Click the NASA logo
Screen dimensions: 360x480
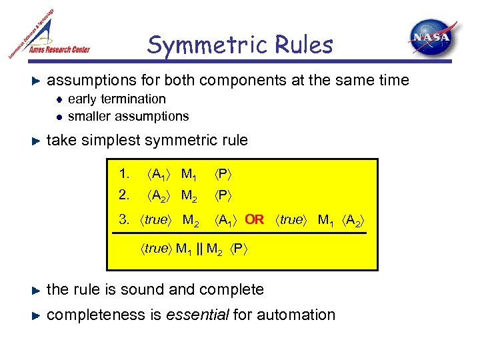(x=433, y=39)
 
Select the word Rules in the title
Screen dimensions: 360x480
(x=304, y=45)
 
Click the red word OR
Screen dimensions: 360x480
(x=254, y=219)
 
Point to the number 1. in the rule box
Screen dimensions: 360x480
(x=124, y=175)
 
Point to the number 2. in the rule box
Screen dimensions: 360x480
(x=124, y=195)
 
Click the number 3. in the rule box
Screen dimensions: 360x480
(x=124, y=219)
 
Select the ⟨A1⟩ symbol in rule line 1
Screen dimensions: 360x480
(x=159, y=175)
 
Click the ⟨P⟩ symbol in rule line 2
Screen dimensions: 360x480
(x=223, y=195)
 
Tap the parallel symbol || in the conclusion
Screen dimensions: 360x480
(x=199, y=249)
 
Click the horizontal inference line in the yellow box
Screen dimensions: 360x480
(x=244, y=233)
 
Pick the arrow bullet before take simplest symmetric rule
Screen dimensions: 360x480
(x=37, y=141)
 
